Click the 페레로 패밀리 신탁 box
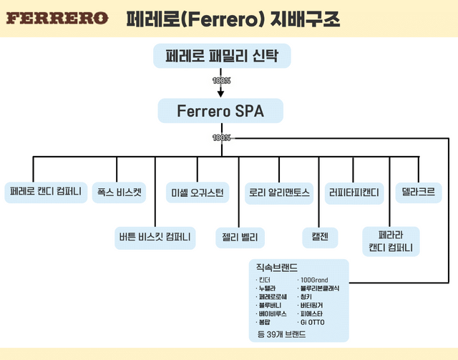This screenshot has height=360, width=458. [x=221, y=56]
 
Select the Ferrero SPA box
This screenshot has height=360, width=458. [x=221, y=112]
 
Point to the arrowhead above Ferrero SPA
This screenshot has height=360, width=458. [x=221, y=92]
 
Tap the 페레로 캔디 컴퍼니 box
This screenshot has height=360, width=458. [x=45, y=192]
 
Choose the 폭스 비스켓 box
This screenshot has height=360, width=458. [x=119, y=192]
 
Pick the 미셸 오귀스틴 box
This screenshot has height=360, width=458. [x=198, y=192]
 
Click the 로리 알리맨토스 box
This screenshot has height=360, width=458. [x=278, y=192]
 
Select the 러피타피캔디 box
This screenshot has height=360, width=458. [x=354, y=192]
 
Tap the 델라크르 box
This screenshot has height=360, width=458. [x=417, y=192]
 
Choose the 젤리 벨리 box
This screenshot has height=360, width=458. [x=240, y=235]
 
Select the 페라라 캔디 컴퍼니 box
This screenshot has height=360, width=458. [x=391, y=241]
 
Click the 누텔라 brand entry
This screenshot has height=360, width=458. [x=268, y=288]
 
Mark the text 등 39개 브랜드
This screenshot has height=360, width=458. [x=281, y=334]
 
